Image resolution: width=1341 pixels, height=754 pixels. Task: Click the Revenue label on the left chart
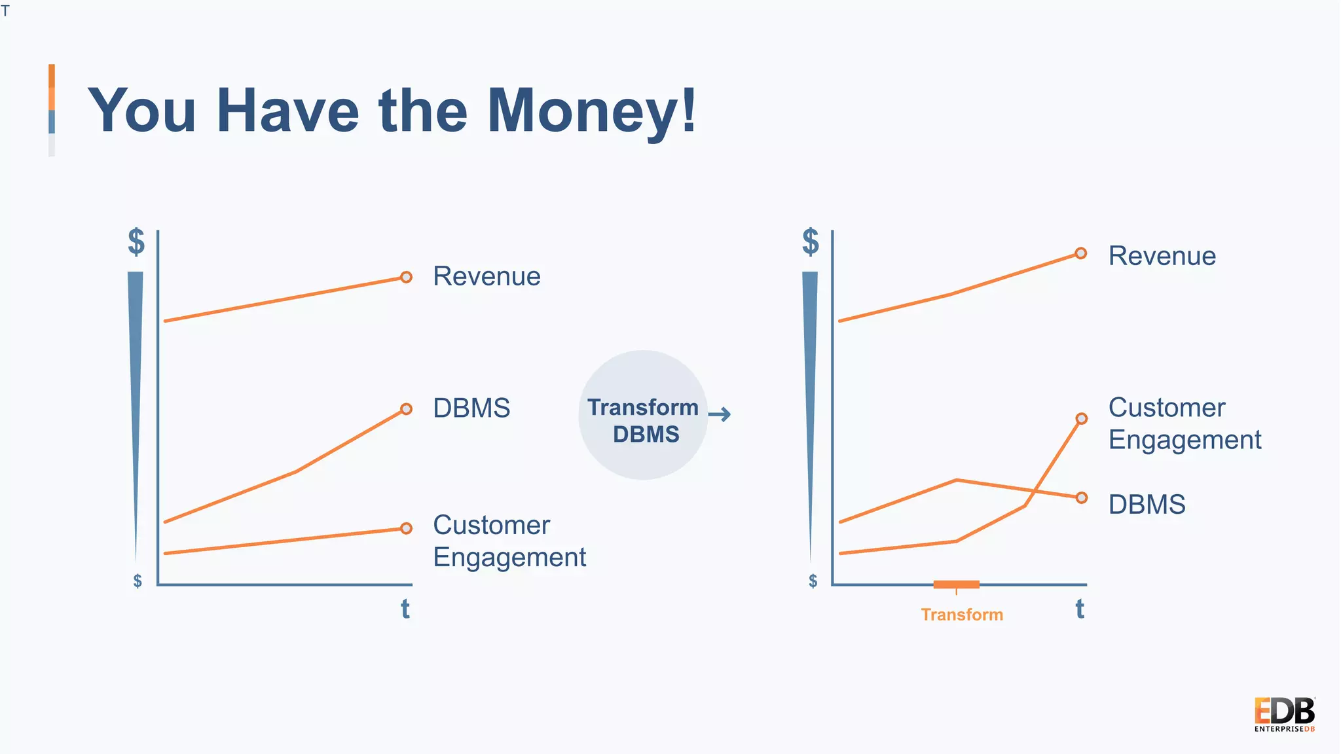(x=487, y=276)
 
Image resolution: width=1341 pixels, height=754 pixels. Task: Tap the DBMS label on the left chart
(x=471, y=408)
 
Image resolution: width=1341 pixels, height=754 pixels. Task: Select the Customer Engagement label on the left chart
(x=509, y=541)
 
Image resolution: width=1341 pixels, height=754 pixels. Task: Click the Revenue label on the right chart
(x=1162, y=256)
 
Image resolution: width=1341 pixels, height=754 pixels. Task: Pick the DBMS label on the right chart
(x=1147, y=505)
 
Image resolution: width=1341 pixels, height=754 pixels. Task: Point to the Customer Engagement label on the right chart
(x=1184, y=423)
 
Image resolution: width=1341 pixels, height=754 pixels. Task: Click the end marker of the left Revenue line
(x=406, y=278)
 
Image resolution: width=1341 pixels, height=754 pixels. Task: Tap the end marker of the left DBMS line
(x=406, y=409)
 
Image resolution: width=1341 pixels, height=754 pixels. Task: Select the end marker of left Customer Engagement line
(x=406, y=528)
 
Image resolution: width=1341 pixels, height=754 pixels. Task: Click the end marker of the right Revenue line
(x=1081, y=253)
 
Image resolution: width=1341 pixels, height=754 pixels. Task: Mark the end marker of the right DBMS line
(x=1082, y=497)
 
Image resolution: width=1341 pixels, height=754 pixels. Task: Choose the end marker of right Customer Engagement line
(x=1082, y=419)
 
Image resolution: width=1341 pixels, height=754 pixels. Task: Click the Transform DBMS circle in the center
(x=643, y=415)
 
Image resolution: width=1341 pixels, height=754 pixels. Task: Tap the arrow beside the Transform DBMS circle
(x=720, y=414)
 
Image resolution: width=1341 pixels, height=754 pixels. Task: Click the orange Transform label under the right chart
(x=961, y=615)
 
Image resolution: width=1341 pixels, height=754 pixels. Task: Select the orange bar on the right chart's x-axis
(x=956, y=584)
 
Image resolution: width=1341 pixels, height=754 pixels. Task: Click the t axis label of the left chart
(x=405, y=609)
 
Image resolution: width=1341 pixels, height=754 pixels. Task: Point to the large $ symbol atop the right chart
(x=811, y=242)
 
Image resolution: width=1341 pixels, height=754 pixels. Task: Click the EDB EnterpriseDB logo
(x=1284, y=714)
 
